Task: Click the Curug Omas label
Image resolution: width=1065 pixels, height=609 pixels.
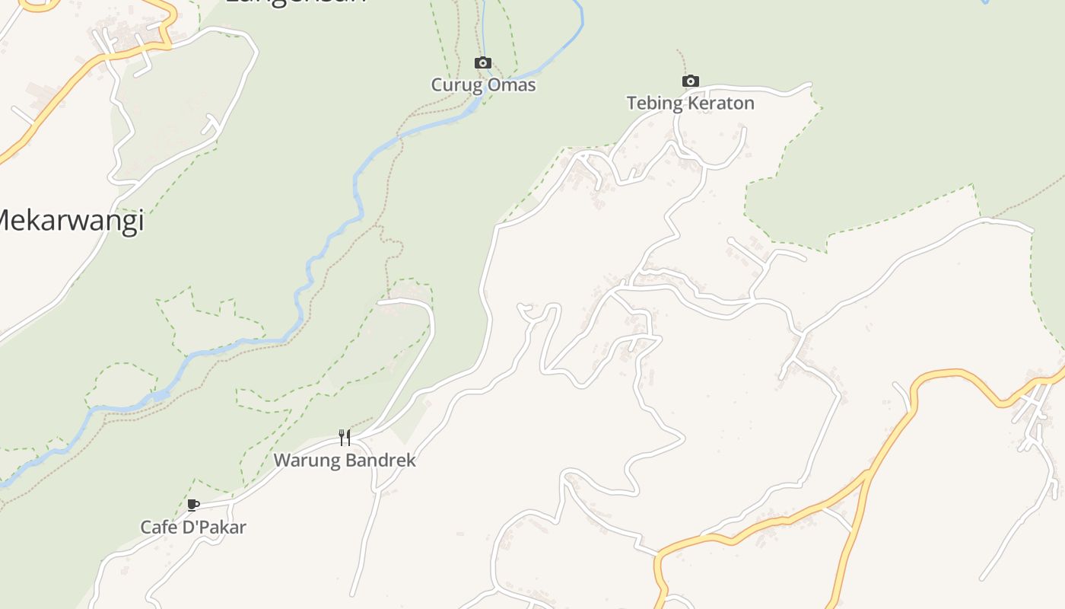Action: pos(483,85)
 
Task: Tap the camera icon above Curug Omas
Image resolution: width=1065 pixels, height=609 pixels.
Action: pos(483,63)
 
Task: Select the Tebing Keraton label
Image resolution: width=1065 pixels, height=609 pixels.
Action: pos(690,104)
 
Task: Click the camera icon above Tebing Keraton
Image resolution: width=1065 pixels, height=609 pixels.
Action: pos(690,81)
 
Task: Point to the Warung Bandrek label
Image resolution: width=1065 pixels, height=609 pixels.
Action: pos(345,461)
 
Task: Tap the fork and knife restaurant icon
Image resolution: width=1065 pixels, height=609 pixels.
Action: pos(345,437)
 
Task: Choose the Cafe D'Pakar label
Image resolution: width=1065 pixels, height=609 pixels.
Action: pos(193,527)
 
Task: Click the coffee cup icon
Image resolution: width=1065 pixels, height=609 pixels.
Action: pos(193,505)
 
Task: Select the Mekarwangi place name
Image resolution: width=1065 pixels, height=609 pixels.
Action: pos(68,222)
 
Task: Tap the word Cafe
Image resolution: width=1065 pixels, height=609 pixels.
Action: pos(157,527)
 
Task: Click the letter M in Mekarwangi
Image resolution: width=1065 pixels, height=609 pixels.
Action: pos(6,222)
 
